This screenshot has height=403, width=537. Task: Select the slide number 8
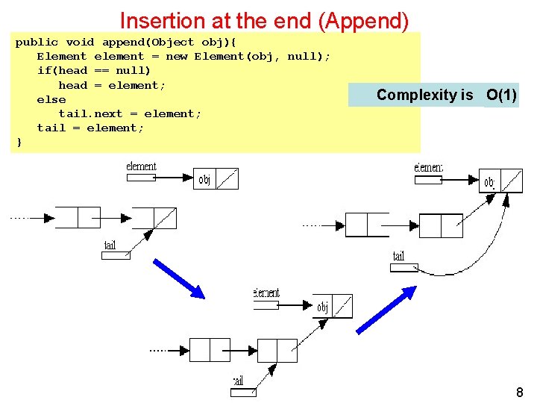[x=519, y=393]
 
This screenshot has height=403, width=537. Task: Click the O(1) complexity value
[x=501, y=95]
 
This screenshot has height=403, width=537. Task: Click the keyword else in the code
[x=51, y=99]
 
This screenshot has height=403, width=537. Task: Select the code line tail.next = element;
[x=130, y=113]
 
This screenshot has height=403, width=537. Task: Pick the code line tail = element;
[x=90, y=128]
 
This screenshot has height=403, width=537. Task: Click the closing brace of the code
[x=19, y=142]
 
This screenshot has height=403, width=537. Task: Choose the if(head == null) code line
[x=93, y=71]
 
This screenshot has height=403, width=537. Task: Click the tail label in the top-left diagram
[x=110, y=246]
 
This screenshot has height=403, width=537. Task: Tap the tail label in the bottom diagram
[x=238, y=381]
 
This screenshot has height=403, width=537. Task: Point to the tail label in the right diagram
[x=399, y=257]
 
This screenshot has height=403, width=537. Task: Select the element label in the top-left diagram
[x=141, y=166]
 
